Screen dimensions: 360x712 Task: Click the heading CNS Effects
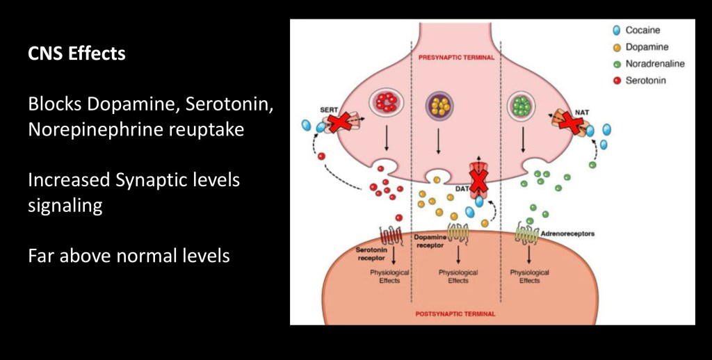click(76, 54)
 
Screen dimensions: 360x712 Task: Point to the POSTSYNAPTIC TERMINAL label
click(455, 314)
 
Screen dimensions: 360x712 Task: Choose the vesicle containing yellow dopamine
click(439, 105)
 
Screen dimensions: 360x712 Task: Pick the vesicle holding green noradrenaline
click(522, 105)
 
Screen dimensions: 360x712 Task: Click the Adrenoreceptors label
click(567, 234)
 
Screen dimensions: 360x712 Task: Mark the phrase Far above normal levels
click(129, 256)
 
